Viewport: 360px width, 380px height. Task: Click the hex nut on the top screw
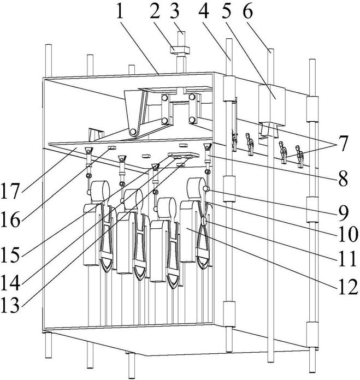[x=179, y=50]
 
